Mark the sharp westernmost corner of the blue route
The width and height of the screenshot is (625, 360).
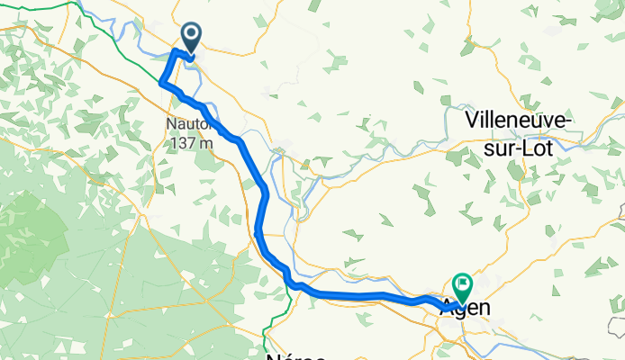pyautogui.click(x=161, y=83)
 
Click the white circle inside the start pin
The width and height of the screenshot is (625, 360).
pyautogui.click(x=192, y=35)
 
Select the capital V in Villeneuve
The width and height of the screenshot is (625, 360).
pyautogui.click(x=472, y=119)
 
